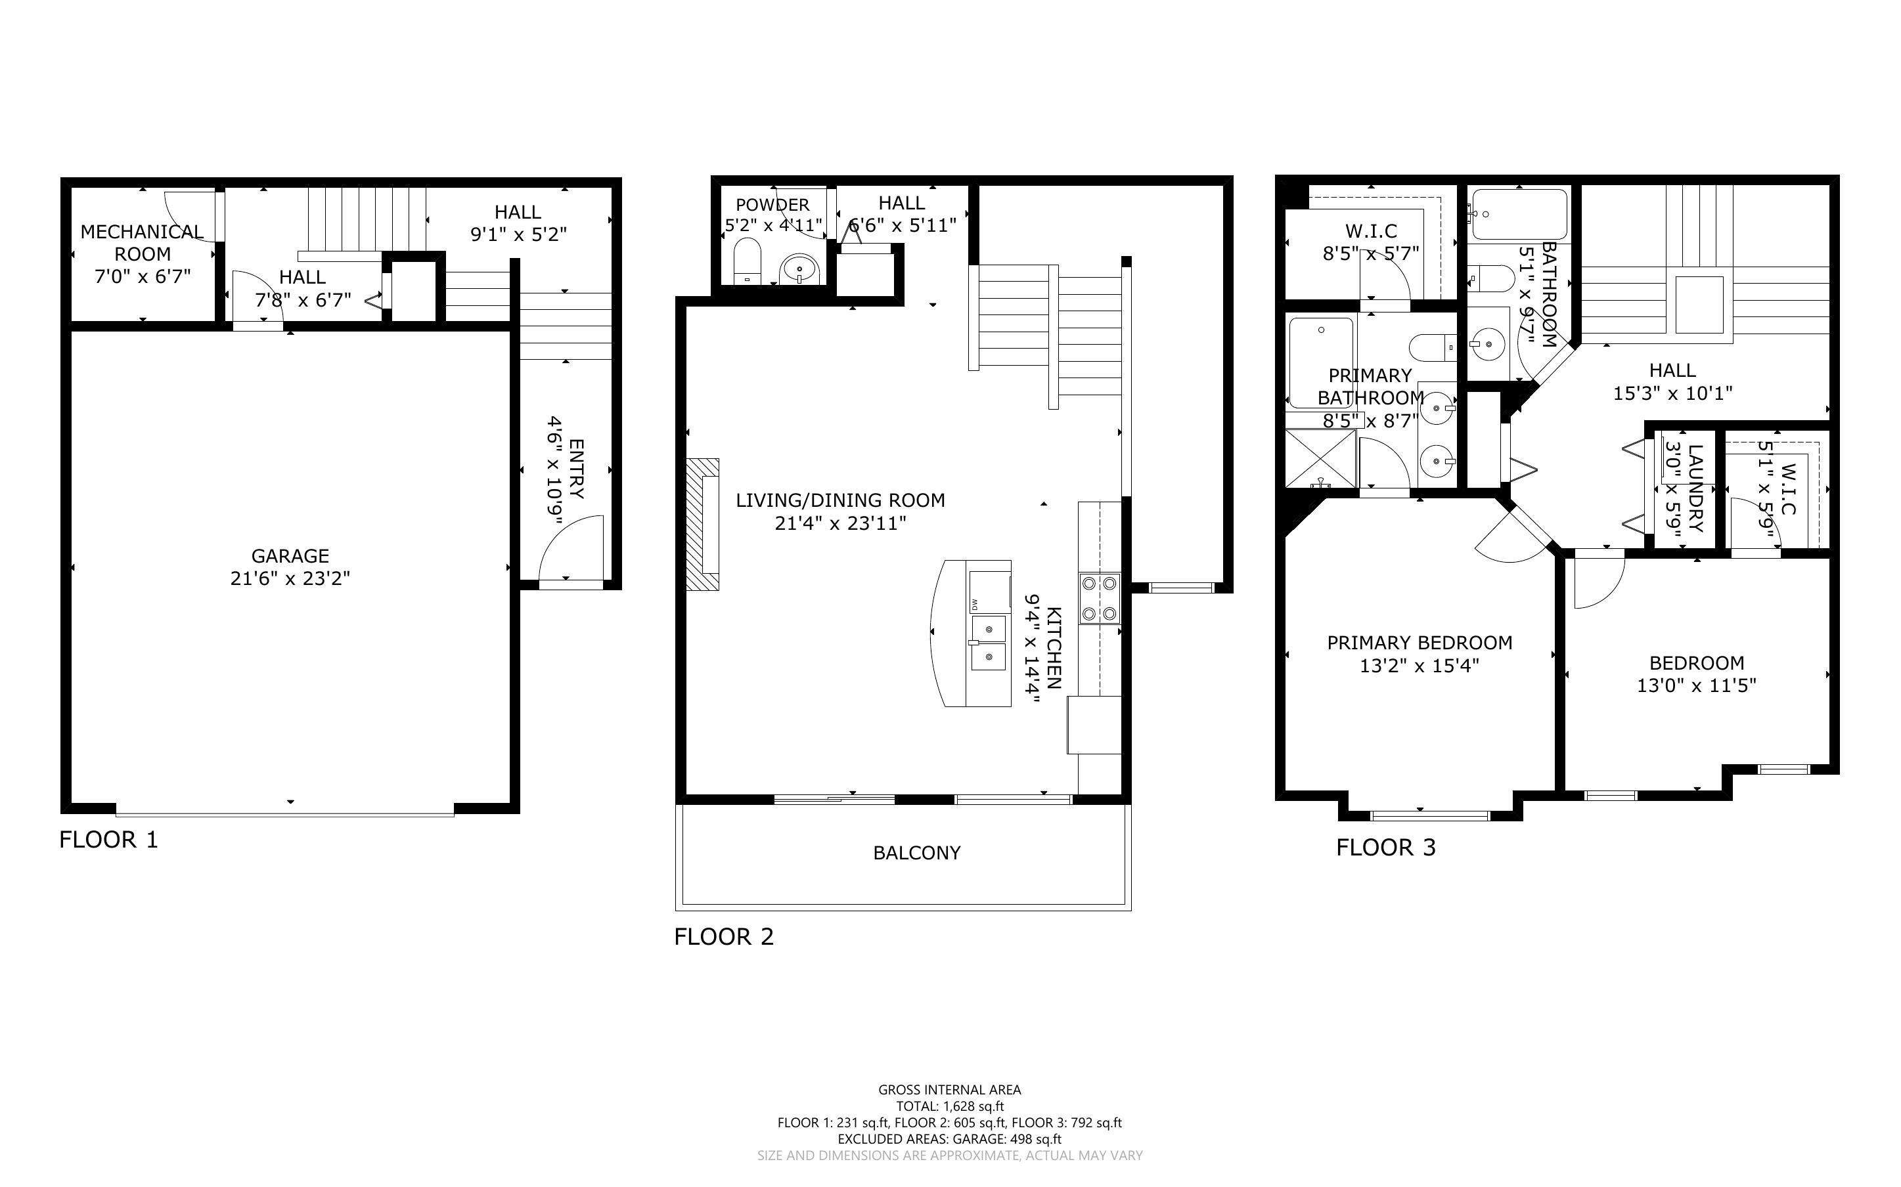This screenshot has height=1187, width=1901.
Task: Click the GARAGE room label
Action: coord(290,556)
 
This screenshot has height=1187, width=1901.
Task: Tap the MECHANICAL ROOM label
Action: coord(142,242)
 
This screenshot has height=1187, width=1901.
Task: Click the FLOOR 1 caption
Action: coord(108,840)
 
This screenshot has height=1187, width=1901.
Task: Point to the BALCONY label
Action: coord(916,853)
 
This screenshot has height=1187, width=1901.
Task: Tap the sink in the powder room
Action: coord(799,269)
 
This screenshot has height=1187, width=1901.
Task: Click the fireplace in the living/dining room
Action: coord(703,525)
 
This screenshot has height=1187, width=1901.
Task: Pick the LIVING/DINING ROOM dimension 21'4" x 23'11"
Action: coord(840,523)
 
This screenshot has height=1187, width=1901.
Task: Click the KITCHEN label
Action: coord(1054,648)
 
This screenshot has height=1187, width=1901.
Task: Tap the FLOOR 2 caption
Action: coord(724,937)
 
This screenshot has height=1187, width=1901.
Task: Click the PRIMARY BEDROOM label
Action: coord(1420,643)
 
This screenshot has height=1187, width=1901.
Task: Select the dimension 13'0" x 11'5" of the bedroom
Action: coord(1696,685)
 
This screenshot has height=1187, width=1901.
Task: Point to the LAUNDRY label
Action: coord(1695,488)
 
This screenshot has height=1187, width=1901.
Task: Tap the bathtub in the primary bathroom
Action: coord(1321,362)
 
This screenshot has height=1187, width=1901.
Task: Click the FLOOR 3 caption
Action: coord(1386,848)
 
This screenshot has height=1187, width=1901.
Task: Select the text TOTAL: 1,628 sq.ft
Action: coord(950,1106)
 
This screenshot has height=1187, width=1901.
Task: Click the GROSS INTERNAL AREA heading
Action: coord(949,1090)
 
